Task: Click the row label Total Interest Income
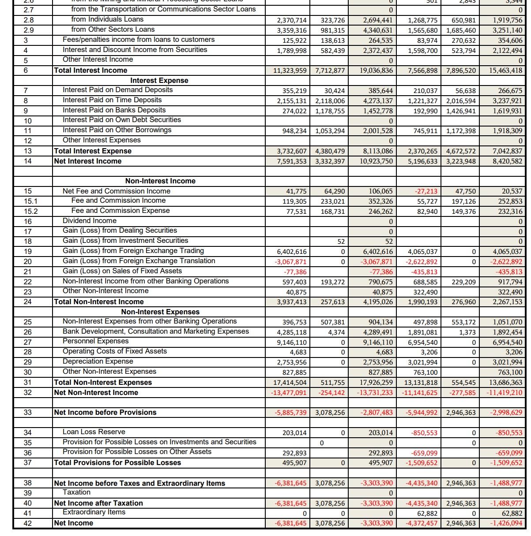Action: [x=90, y=71]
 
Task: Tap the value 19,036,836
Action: [x=377, y=71]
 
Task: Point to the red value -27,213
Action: [x=426, y=191]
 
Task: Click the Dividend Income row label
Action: [x=90, y=221]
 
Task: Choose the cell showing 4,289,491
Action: [x=378, y=332]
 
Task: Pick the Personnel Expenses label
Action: [x=96, y=341]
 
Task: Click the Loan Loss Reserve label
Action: [x=94, y=432]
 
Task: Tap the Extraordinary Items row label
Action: [x=94, y=512]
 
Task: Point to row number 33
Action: [x=28, y=413]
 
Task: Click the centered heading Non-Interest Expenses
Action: [x=160, y=312]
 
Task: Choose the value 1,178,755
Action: [x=330, y=111]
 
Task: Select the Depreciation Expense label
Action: [x=98, y=361]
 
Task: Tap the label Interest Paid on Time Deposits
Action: [x=112, y=100]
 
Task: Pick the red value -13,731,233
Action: [x=375, y=393]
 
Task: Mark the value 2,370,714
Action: [x=292, y=20]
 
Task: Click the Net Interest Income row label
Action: [x=87, y=161]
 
